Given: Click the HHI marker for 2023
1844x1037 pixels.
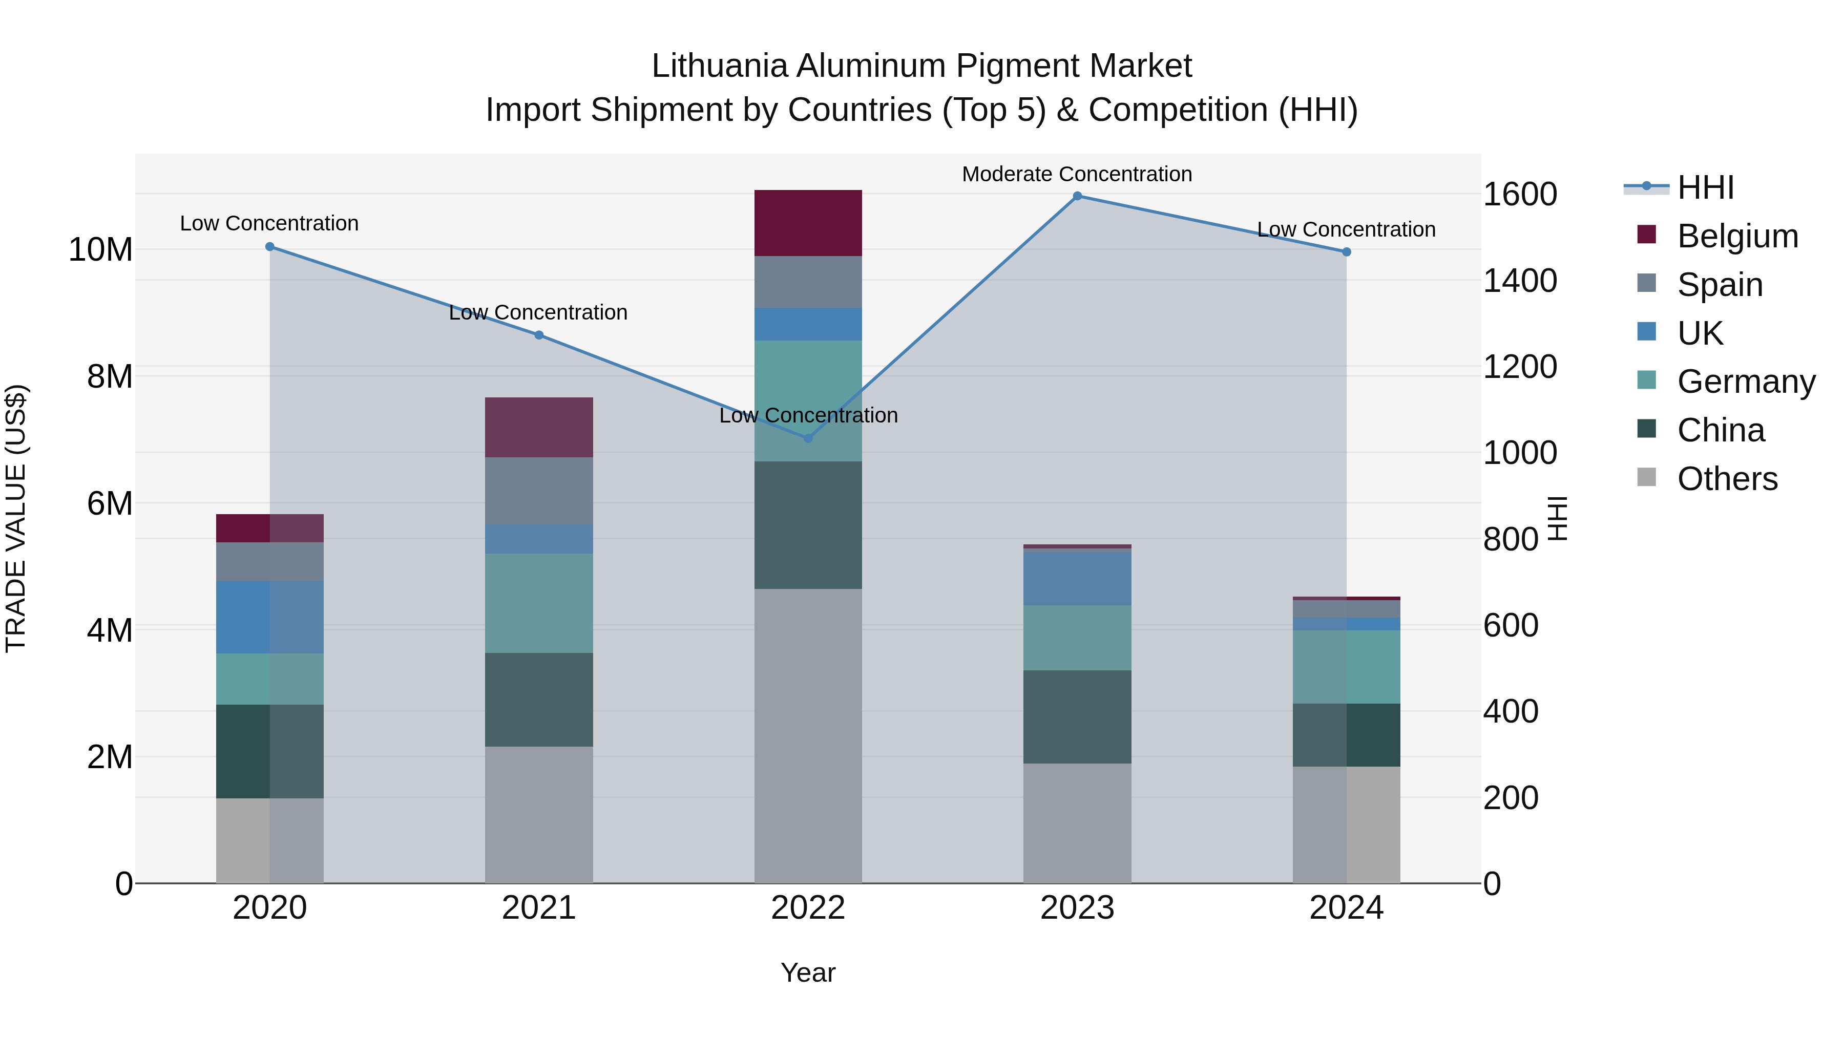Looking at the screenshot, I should pyautogui.click(x=1077, y=196).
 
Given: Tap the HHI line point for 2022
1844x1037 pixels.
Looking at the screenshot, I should pyautogui.click(x=808, y=438).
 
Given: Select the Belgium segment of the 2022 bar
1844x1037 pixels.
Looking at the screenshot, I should pyautogui.click(x=808, y=223).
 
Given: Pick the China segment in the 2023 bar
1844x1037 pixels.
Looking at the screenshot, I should pyautogui.click(x=1077, y=716).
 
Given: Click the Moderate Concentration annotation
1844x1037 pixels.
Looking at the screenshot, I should pyautogui.click(x=1077, y=174).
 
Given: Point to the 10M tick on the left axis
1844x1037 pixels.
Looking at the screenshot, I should pyautogui.click(x=100, y=250).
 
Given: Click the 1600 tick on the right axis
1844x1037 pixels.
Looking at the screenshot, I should pyautogui.click(x=1520, y=194).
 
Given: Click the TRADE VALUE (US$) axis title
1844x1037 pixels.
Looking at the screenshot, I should pyautogui.click(x=16, y=518).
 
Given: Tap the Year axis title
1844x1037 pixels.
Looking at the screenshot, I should pyautogui.click(x=808, y=972).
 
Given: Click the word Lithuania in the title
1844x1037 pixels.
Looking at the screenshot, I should pyautogui.click(x=720, y=66).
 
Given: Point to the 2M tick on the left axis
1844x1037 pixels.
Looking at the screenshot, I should pyautogui.click(x=110, y=756).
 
